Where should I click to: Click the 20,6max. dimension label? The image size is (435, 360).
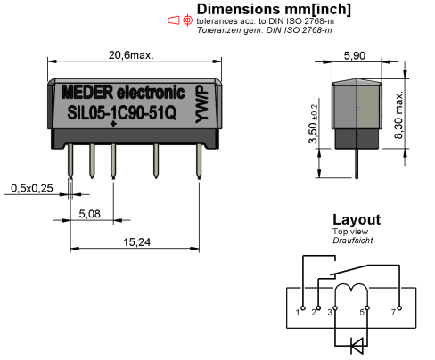[x=131, y=55]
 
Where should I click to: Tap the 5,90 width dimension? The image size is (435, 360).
[x=355, y=56]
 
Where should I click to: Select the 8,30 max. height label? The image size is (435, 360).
[x=398, y=115]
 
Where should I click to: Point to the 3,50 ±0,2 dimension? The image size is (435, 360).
[x=314, y=124]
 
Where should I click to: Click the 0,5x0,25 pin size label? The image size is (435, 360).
[x=32, y=188]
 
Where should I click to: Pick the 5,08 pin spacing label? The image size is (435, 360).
[x=89, y=214]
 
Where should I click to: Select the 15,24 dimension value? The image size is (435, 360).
[x=136, y=242]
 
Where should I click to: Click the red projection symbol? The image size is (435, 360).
[x=180, y=20]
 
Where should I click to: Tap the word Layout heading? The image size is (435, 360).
[x=357, y=220]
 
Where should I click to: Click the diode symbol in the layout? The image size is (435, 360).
[x=357, y=346]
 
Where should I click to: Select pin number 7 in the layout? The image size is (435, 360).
[x=393, y=313]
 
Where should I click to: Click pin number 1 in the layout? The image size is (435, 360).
[x=298, y=313]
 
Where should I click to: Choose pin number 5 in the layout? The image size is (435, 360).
[x=362, y=313]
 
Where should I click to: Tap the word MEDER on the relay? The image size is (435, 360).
[x=87, y=93]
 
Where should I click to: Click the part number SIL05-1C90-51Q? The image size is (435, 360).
[x=122, y=113]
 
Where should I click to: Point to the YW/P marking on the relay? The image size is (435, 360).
[x=202, y=104]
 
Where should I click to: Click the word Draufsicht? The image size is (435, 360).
[x=353, y=241]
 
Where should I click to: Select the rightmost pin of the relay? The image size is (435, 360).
[x=199, y=161]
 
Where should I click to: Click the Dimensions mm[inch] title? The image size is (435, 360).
[x=274, y=10]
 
